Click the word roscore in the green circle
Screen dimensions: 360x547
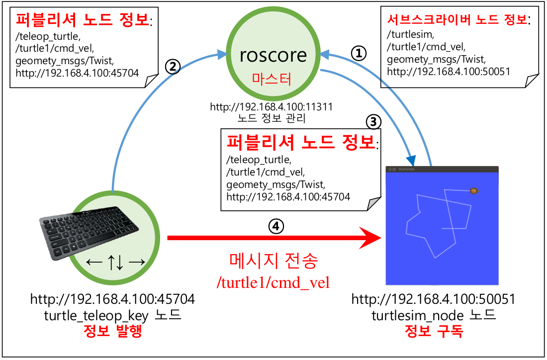(273, 55)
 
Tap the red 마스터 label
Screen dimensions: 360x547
(273, 79)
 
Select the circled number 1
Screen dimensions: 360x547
(359, 53)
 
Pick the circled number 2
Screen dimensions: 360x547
(172, 67)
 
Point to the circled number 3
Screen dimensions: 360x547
(373, 121)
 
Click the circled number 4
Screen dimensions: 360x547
(276, 226)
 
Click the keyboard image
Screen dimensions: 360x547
(90, 230)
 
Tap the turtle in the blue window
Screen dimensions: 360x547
(474, 190)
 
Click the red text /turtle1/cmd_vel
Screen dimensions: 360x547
(273, 282)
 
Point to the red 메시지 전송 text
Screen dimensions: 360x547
(273, 261)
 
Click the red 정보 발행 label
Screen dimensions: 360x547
(112, 331)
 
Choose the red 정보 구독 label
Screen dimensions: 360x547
(433, 331)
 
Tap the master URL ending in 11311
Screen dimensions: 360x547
(271, 107)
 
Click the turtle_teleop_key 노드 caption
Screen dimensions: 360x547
(112, 315)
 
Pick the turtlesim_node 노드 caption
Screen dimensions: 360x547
(433, 315)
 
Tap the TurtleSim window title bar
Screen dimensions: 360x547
(442, 169)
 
